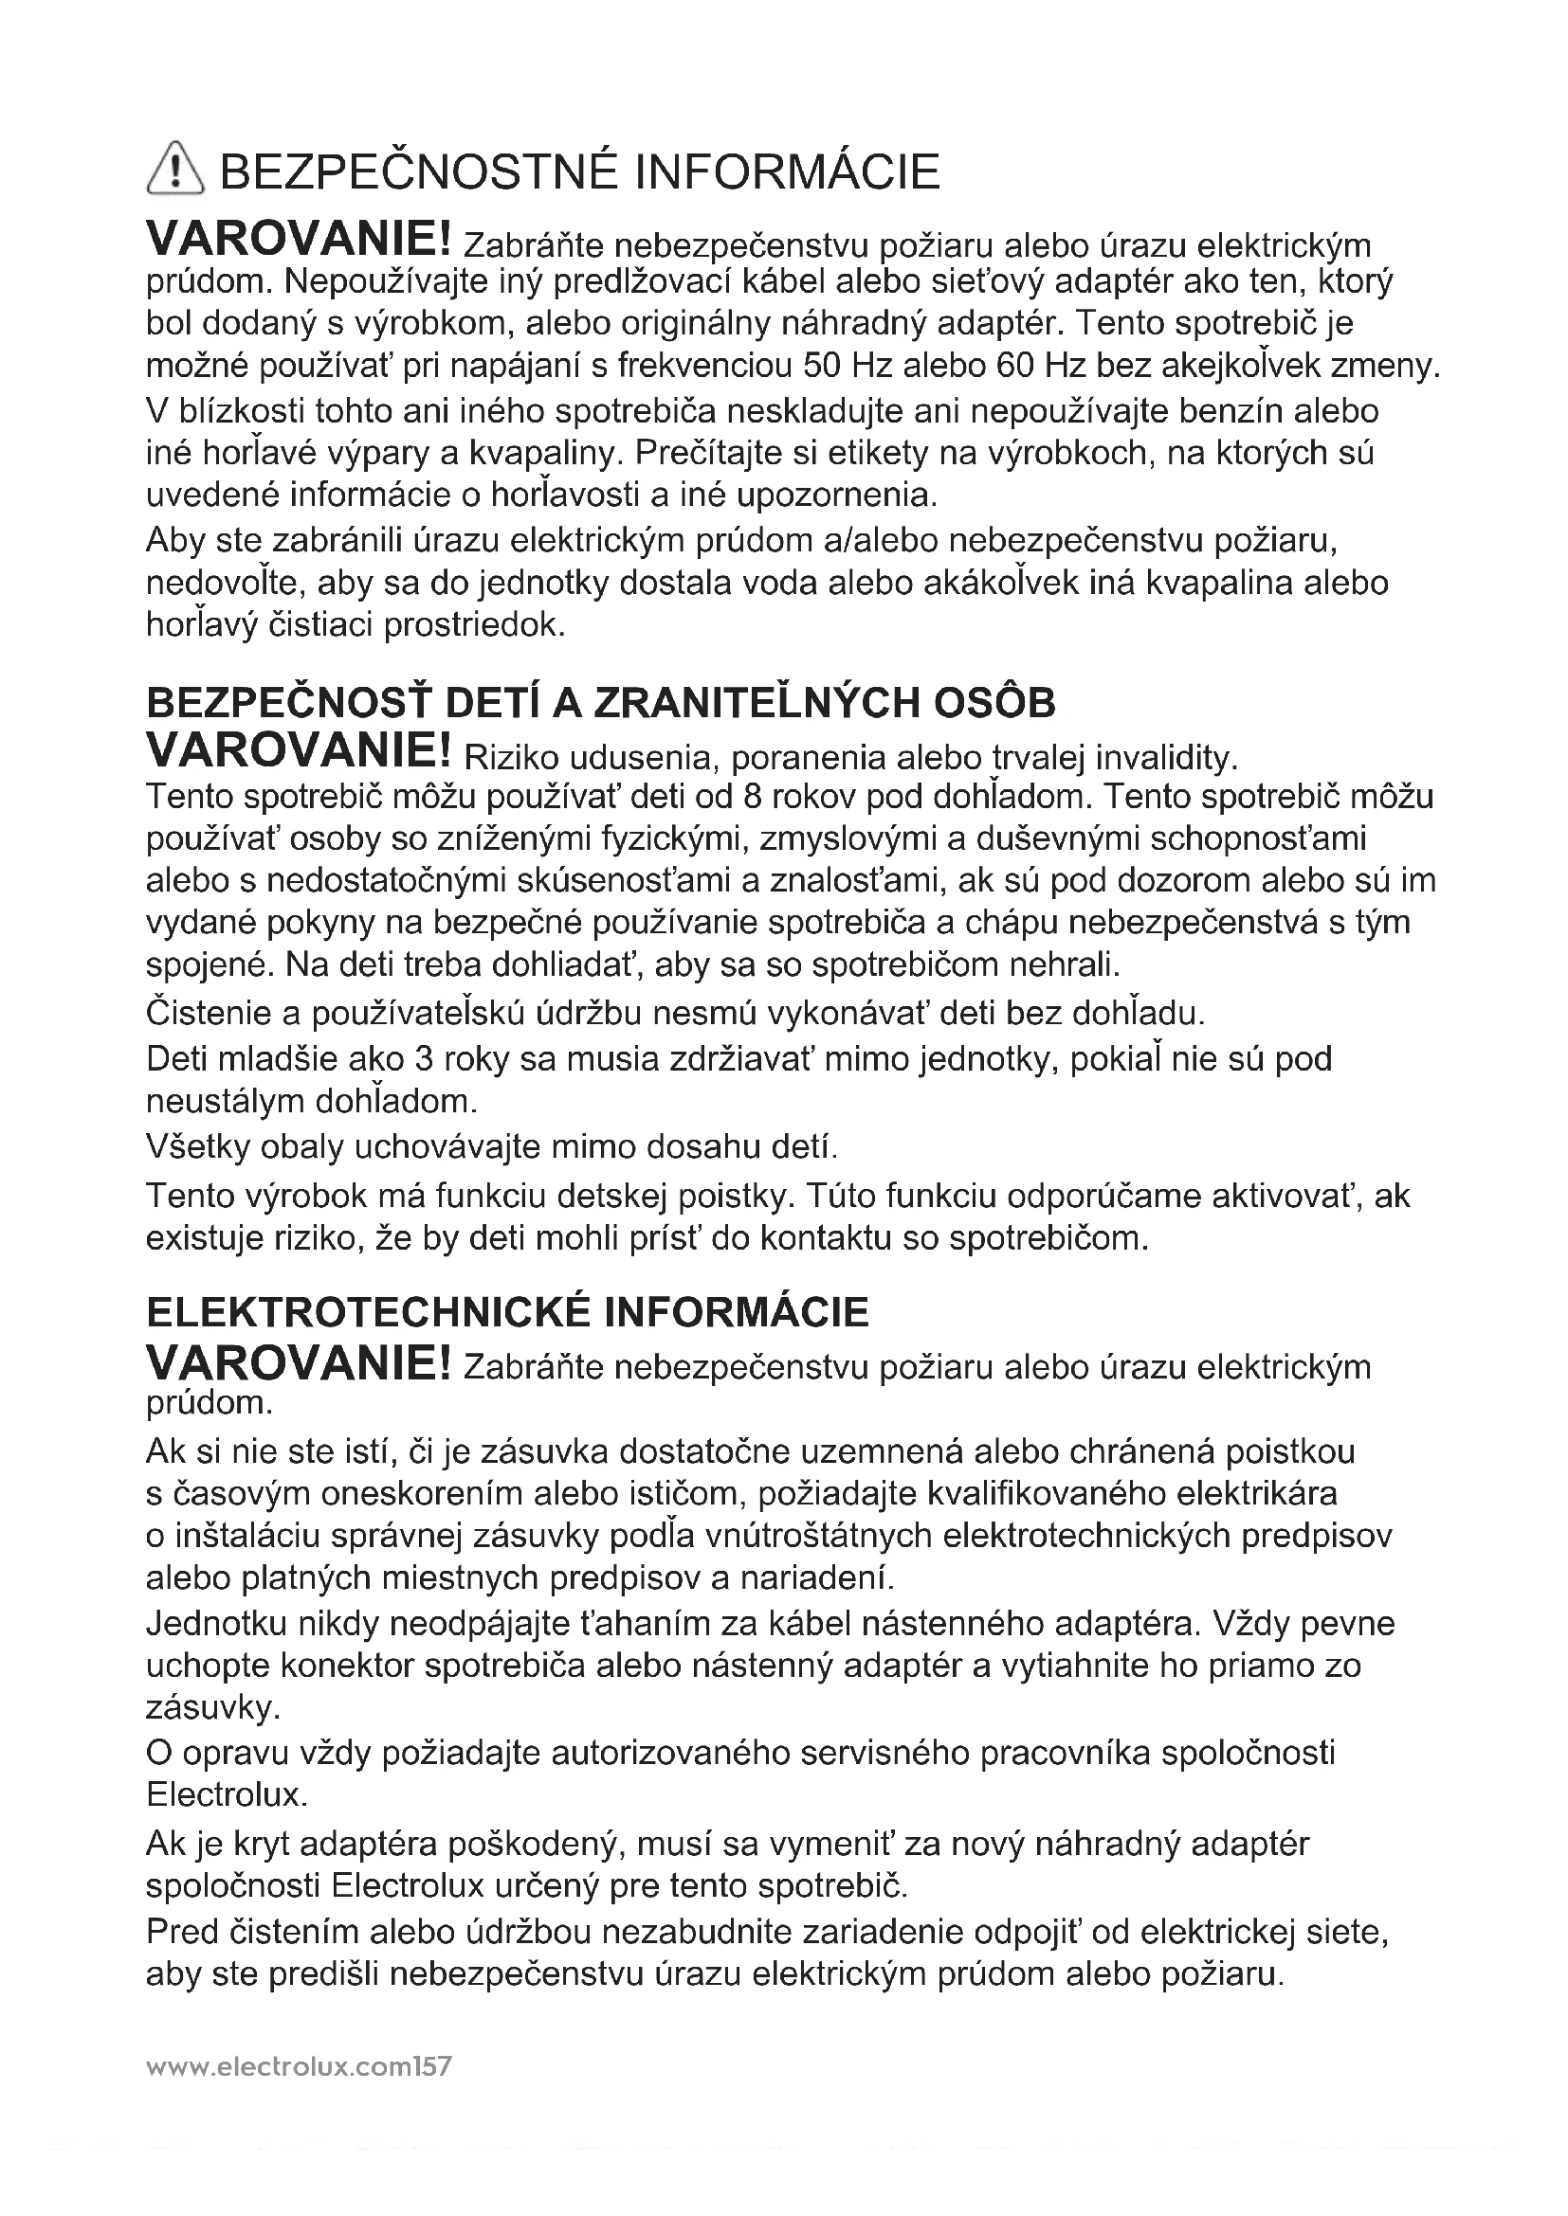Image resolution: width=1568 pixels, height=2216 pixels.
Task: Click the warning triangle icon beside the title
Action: (174, 167)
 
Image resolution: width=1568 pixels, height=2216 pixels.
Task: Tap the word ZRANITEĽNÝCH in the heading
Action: (755, 703)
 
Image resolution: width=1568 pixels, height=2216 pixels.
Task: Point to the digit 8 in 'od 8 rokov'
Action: (754, 797)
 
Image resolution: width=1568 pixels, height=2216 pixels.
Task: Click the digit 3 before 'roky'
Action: (423, 1059)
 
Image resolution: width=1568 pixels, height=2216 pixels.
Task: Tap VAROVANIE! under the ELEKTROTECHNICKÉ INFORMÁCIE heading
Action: (299, 1362)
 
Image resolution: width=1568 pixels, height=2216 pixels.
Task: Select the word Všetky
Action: (196, 1146)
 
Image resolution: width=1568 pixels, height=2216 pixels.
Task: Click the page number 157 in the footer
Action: (431, 2066)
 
